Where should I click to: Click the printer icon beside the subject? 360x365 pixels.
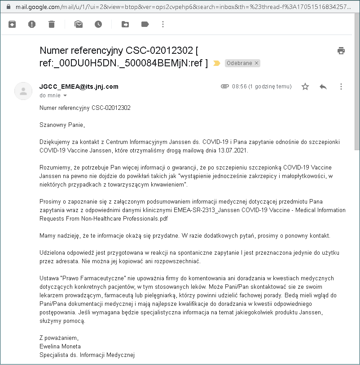tap(341, 50)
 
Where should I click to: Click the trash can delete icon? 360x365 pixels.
tap(52, 24)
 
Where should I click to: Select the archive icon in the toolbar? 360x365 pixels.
tap(12, 24)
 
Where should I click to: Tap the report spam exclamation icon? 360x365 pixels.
tap(32, 24)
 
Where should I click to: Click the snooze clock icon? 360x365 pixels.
tap(98, 24)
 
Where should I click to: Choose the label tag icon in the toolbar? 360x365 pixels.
tap(145, 24)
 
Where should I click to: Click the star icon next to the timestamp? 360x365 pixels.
tap(305, 87)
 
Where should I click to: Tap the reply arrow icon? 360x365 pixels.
tap(323, 87)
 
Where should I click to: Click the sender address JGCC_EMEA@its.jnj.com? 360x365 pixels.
tap(79, 87)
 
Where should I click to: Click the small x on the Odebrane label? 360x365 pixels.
tap(257, 63)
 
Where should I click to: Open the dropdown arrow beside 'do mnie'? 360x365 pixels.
tap(65, 96)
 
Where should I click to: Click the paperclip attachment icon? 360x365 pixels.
tap(225, 87)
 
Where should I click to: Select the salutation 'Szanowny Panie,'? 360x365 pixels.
tap(62, 125)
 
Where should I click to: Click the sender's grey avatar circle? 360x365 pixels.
tap(23, 91)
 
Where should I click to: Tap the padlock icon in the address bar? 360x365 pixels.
tap(7, 7)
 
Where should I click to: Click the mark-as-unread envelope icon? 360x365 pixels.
tap(79, 24)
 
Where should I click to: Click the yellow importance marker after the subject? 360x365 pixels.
tap(217, 63)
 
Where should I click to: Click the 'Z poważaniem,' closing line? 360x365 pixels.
tap(59, 338)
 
